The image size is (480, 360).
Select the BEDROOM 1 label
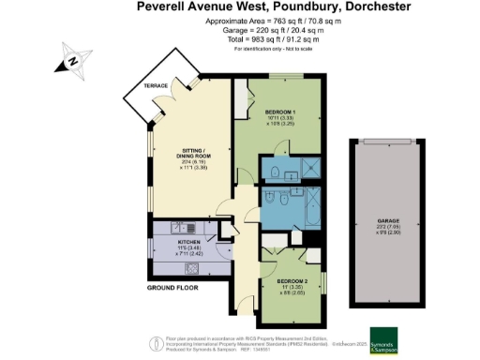coord(280,112)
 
